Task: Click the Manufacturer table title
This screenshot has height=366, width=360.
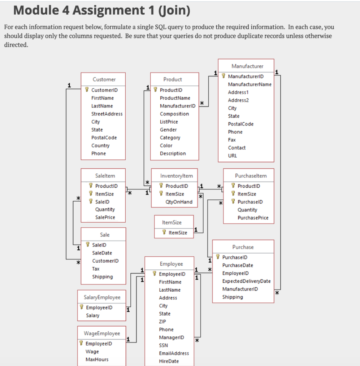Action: tap(247, 66)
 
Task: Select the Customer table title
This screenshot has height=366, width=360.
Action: tap(104, 79)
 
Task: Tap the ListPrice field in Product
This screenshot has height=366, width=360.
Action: tap(169, 122)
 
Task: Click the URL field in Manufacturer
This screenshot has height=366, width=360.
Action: tap(232, 155)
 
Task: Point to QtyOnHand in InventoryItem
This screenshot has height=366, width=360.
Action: tap(179, 202)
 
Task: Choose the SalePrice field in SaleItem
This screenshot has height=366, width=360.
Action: tap(105, 217)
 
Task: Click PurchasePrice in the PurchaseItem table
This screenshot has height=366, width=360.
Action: tap(253, 218)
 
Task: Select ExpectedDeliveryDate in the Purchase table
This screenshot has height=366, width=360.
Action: tap(246, 281)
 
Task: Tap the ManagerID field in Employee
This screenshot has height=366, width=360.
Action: tap(171, 337)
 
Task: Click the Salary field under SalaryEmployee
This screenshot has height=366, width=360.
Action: tap(93, 316)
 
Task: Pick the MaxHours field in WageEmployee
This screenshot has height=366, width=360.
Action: tap(97, 360)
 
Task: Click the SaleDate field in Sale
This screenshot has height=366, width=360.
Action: tap(102, 253)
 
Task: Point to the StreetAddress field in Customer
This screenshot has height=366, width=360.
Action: tap(107, 114)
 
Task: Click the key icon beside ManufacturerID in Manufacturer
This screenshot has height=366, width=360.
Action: tap(224, 76)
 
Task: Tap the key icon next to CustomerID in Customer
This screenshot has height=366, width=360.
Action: tap(87, 90)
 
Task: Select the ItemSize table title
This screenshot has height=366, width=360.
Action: tap(171, 222)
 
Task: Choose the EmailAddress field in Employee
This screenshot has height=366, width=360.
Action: tap(174, 353)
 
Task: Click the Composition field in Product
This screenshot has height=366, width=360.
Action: tap(174, 114)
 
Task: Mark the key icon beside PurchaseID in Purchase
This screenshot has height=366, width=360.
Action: tap(218, 257)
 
